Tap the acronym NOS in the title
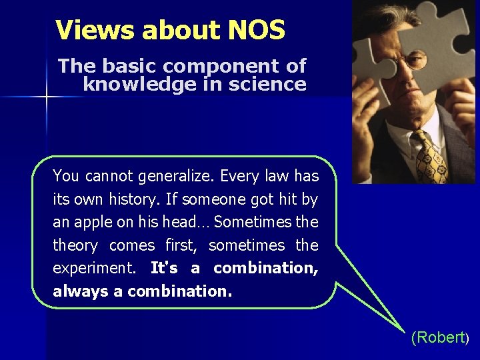click(256, 30)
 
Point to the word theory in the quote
click(75, 245)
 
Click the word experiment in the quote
click(92, 269)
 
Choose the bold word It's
click(164, 268)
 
